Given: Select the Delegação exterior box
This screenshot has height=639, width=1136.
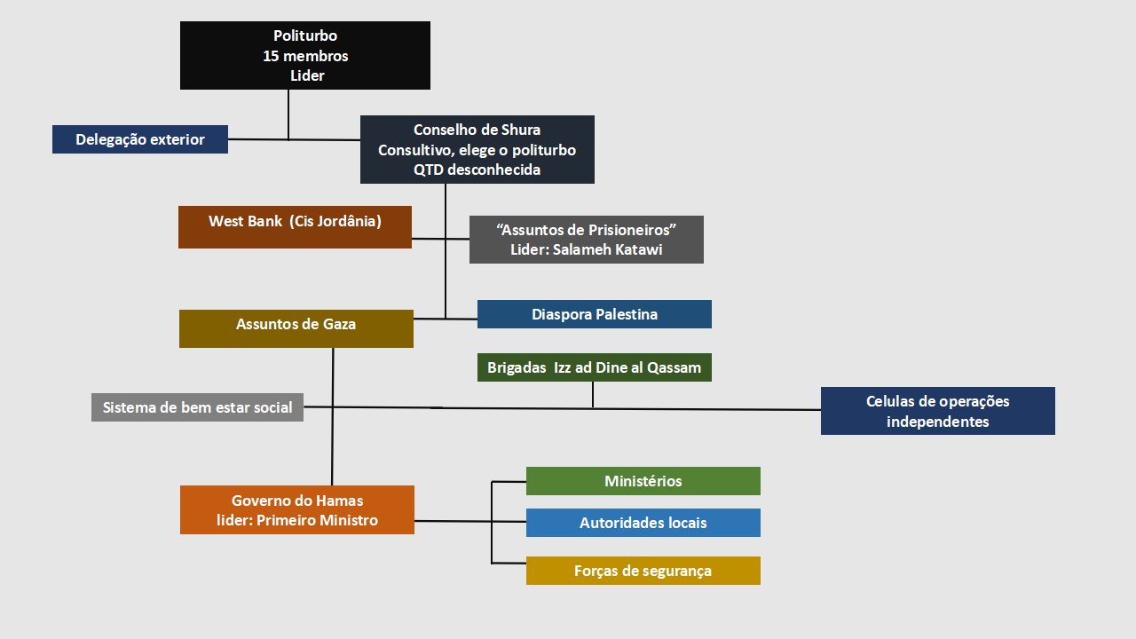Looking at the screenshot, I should [x=140, y=139].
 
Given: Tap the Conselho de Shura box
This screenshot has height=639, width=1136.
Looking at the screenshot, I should [x=477, y=149].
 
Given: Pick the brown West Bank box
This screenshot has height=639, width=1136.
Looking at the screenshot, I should [x=295, y=226].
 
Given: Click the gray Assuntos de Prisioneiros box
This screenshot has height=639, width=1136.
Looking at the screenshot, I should [x=586, y=240].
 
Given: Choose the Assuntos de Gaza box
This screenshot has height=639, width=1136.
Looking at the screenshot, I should [x=296, y=328].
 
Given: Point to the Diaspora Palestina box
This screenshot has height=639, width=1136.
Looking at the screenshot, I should [x=594, y=314].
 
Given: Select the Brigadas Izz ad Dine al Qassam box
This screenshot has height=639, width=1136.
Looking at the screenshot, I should [x=594, y=367].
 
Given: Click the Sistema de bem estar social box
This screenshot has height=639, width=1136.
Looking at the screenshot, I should [x=197, y=407].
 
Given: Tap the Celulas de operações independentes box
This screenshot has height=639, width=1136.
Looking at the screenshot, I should [x=937, y=411].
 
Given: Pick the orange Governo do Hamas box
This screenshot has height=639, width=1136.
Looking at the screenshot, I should [x=296, y=509].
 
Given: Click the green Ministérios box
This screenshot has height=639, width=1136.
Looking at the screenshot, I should [x=643, y=481].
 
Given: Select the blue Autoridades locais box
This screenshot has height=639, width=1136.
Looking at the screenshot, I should [x=643, y=523].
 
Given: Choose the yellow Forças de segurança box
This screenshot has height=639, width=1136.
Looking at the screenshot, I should [x=643, y=571].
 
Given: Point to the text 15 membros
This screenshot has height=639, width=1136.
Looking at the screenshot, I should [x=305, y=56].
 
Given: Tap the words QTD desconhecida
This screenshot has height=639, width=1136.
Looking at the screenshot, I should [x=477, y=170].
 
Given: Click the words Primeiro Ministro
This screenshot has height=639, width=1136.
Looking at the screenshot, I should [x=317, y=520].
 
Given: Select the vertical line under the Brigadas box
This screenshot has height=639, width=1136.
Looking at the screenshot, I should [x=593, y=395].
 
